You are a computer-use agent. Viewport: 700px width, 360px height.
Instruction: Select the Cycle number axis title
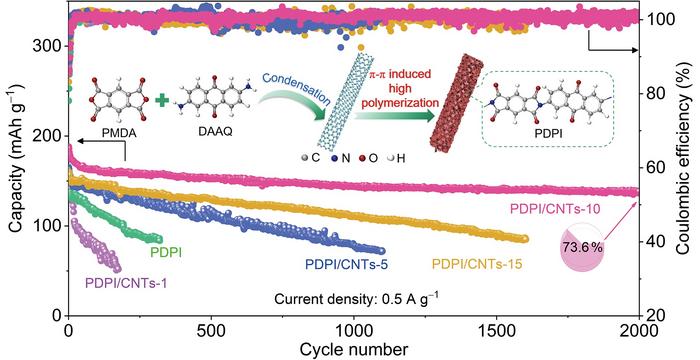(x=353, y=348)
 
